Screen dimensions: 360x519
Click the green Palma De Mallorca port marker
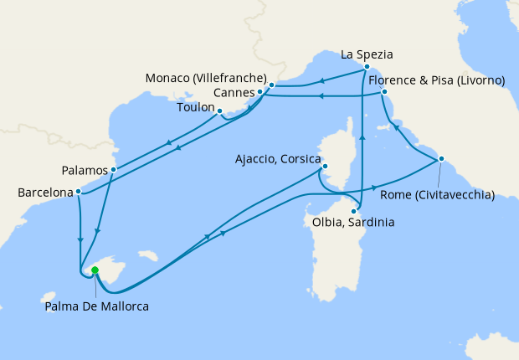pyautogui.click(x=95, y=270)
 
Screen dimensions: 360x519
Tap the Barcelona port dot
pyautogui.click(x=78, y=191)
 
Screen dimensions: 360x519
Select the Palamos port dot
pyautogui.click(x=113, y=169)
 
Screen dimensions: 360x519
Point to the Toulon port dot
pyautogui.click(x=219, y=111)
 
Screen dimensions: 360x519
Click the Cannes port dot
pyautogui.click(x=260, y=91)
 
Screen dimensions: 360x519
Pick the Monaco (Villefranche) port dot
pyautogui.click(x=272, y=85)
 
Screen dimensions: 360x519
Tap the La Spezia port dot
pyautogui.click(x=367, y=66)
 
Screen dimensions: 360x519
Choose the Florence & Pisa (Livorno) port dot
pyautogui.click(x=384, y=91)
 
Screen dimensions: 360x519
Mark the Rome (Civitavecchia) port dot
pyautogui.click(x=441, y=159)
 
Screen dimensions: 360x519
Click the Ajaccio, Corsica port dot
pyautogui.click(x=324, y=167)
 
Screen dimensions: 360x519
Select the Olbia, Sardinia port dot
pyautogui.click(x=354, y=211)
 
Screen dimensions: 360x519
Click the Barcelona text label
pyautogui.click(x=45, y=193)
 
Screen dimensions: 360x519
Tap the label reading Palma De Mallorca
pyautogui.click(x=96, y=306)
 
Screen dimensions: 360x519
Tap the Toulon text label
pyautogui.click(x=196, y=108)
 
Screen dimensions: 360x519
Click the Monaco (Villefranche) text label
pyautogui.click(x=206, y=78)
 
